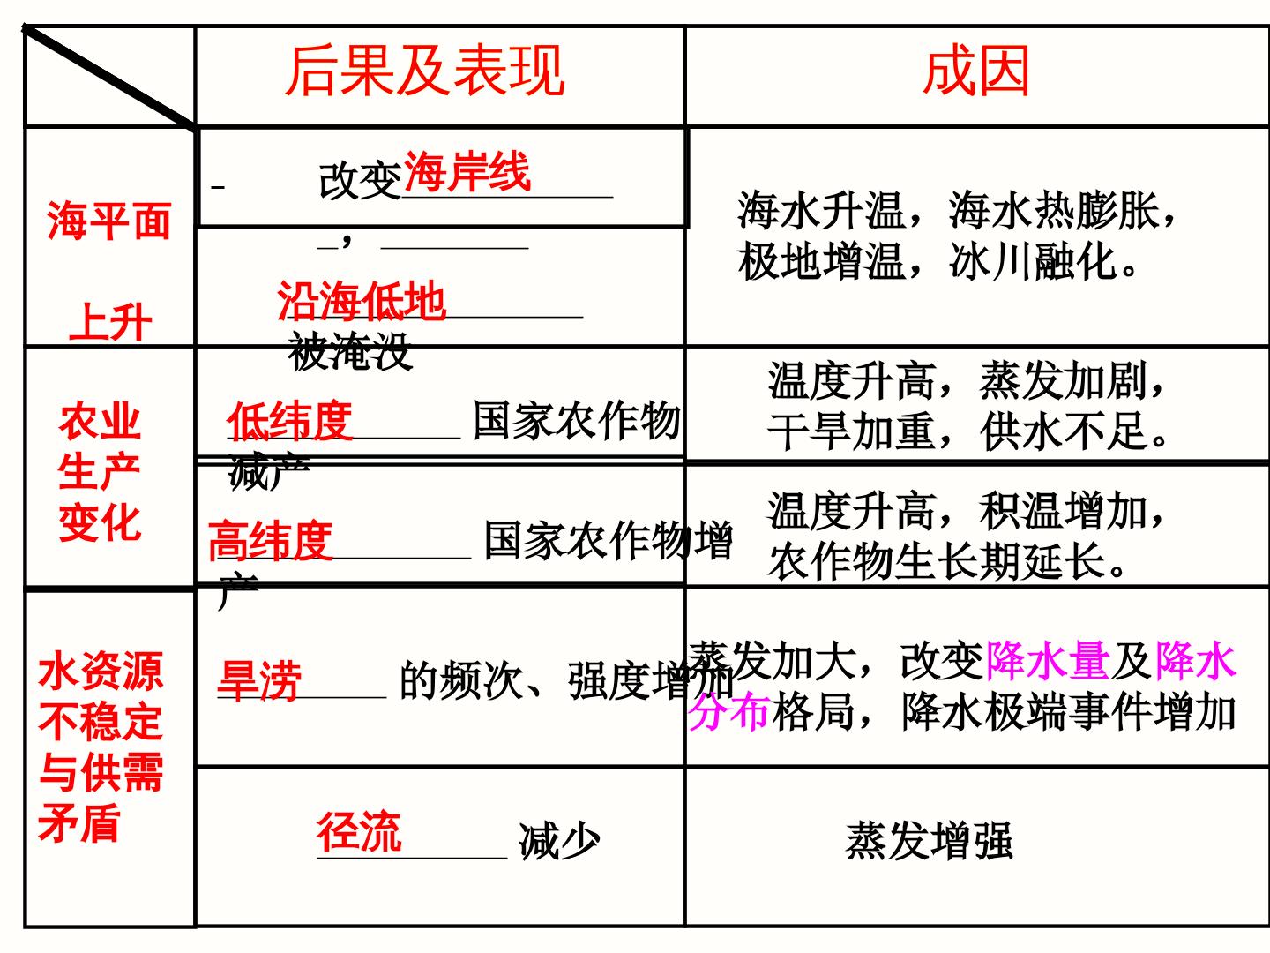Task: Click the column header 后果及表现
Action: [x=425, y=71]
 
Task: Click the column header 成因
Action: [x=976, y=71]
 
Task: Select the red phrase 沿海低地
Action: [x=362, y=301]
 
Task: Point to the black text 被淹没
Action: [x=350, y=351]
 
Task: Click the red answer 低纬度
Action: [x=289, y=421]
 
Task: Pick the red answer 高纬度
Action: [x=270, y=540]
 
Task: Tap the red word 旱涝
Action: [x=259, y=681]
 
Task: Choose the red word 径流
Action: [x=359, y=832]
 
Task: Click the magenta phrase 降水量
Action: [x=1048, y=660]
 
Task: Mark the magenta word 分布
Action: [x=729, y=711]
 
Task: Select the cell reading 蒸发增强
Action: [x=929, y=841]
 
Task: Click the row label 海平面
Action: [x=108, y=221]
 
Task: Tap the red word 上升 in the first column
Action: [x=110, y=322]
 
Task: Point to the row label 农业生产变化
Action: [x=100, y=471]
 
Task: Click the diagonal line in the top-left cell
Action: [x=108, y=76]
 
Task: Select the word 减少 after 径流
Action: [x=559, y=841]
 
